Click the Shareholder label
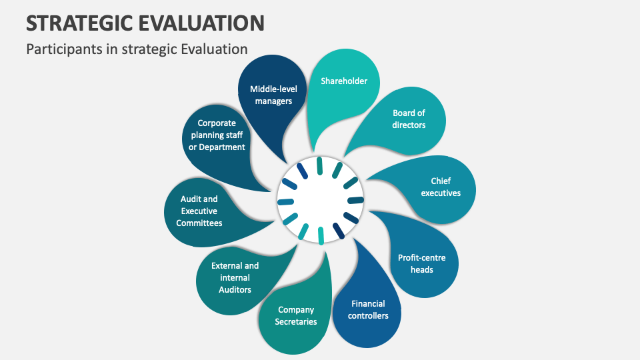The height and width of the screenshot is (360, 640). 344,81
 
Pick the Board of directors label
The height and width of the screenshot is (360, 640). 409,119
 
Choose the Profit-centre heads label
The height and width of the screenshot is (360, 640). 421,263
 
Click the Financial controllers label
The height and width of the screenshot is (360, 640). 368,309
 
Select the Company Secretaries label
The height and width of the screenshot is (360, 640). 296,315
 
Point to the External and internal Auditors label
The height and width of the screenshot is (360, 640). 235,277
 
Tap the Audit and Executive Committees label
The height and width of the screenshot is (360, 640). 199,211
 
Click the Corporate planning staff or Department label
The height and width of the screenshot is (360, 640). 217,135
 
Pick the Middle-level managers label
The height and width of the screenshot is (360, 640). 273,95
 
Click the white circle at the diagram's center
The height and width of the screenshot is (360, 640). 320,200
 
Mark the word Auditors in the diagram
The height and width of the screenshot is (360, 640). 235,289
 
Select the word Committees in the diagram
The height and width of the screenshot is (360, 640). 199,223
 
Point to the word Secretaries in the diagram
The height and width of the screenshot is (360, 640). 296,321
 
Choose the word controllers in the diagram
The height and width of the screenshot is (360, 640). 368,315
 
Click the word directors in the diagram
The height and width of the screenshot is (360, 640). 409,125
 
